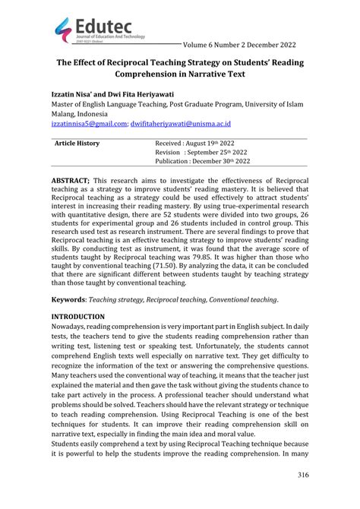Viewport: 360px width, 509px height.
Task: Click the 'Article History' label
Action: pos(77,143)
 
